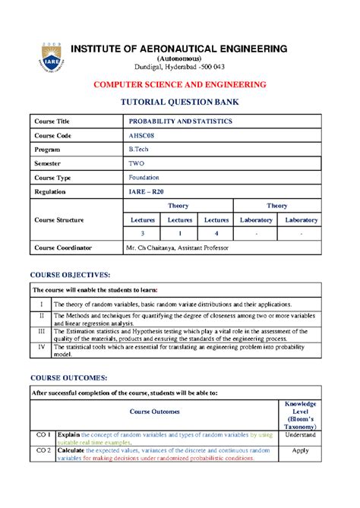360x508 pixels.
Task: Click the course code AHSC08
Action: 141,134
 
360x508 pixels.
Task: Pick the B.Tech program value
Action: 139,149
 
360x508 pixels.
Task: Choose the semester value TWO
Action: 137,163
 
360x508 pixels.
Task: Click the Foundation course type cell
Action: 144,177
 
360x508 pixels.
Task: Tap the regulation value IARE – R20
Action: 146,191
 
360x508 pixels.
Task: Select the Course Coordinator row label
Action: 65,248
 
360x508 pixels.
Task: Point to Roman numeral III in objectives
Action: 43,331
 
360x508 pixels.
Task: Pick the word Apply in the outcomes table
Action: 300,450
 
